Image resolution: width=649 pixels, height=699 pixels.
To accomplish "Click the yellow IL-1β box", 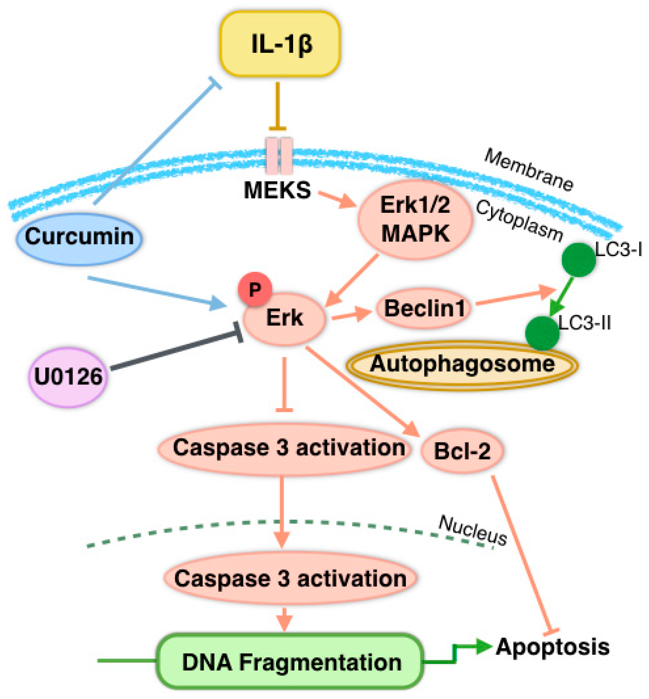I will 280,44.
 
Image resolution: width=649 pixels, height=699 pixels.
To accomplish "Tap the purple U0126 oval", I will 68,377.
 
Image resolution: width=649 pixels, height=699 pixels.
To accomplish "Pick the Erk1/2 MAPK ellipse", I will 415,219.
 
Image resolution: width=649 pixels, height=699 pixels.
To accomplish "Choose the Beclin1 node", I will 424,309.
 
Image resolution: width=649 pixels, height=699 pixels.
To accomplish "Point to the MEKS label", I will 277,190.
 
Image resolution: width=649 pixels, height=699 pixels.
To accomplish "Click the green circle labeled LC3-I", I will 578,260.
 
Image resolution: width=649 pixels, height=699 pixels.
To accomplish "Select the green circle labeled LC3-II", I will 542,333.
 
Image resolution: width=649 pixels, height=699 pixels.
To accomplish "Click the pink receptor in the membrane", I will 279,156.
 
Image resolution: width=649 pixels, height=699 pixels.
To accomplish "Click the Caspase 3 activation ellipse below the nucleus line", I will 290,578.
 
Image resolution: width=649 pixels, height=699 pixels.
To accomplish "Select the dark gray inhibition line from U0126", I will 176,351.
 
